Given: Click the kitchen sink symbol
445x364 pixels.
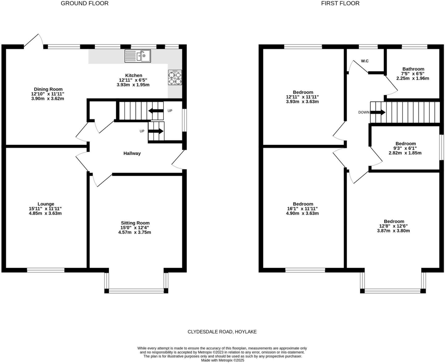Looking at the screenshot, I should pos(138,56).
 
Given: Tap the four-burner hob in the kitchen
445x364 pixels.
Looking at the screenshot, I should pos(175,78).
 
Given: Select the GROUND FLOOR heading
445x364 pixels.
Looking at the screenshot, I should pos(85,3).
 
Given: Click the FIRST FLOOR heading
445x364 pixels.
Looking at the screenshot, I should pos(340,3).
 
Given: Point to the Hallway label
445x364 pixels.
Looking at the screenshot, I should pos(132,153).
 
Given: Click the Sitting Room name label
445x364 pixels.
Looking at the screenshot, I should pos(135,223).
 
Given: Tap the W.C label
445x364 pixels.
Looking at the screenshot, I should pos(364,61).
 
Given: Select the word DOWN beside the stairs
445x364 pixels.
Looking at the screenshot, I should pos(364,112).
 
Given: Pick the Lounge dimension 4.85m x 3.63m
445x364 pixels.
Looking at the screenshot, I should pos(45,213).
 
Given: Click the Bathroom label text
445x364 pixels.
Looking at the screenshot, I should pos(413,69).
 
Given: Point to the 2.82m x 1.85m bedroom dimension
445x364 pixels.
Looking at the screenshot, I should pos(405,153).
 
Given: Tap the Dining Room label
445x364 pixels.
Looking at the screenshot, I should pos(48,89).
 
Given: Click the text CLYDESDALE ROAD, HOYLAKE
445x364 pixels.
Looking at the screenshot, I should pos(222,332).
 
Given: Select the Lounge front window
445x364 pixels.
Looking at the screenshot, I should pos(46,270).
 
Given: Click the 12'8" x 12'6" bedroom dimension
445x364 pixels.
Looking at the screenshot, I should pos(393,226).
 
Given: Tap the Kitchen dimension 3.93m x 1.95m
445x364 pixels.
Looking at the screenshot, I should pos(133,85).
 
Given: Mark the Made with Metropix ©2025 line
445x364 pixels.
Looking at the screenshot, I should pos(222,360).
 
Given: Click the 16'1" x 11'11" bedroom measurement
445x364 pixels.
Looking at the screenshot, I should pos(302,209).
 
